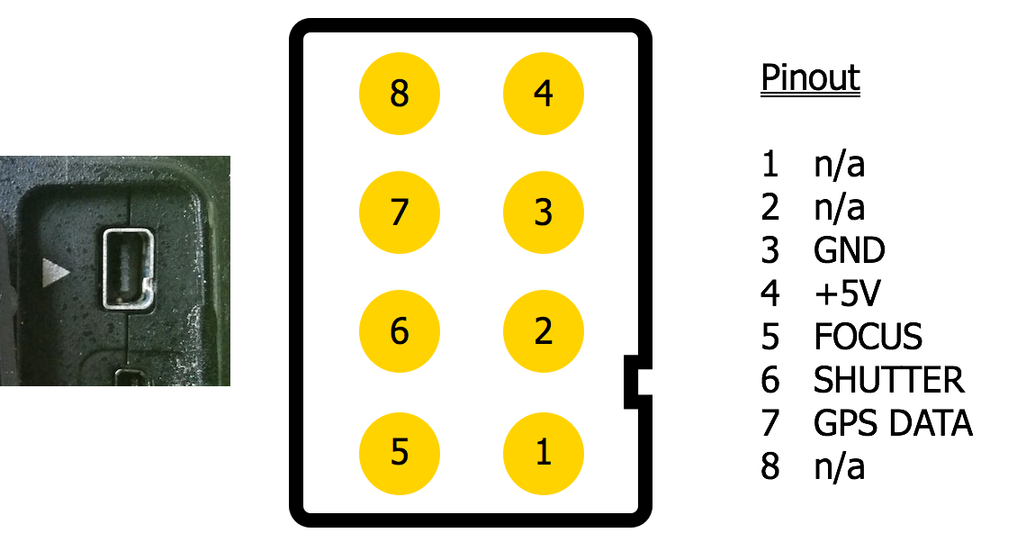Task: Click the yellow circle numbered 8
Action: tap(399, 94)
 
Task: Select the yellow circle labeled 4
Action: tap(543, 94)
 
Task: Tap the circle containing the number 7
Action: tap(399, 212)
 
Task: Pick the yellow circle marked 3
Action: tap(543, 212)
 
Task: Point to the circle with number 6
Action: tap(399, 331)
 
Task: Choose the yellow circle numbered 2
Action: tap(543, 331)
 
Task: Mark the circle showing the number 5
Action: tap(399, 453)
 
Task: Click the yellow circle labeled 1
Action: tap(543, 453)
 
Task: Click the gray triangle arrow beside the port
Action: tap(56, 272)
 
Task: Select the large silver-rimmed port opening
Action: tap(128, 268)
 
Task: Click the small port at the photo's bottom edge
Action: tap(130, 377)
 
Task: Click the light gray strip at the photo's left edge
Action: tap(7, 306)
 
